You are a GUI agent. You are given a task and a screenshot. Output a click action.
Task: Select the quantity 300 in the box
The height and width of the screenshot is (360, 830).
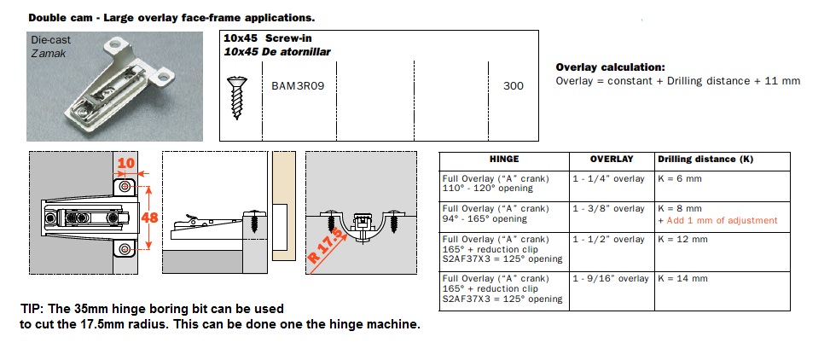(514, 85)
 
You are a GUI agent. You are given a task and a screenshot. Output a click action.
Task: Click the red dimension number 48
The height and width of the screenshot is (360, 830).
(149, 218)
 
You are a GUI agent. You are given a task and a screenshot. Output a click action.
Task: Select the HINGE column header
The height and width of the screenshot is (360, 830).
(504, 160)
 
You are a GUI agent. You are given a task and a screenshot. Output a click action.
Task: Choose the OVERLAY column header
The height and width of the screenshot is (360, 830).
(612, 160)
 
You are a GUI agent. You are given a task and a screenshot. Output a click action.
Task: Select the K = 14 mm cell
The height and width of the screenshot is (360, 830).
(682, 279)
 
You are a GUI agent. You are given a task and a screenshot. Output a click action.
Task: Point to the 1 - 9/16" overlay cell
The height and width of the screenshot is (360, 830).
(610, 279)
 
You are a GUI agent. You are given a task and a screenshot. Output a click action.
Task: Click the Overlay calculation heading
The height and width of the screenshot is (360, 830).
(610, 67)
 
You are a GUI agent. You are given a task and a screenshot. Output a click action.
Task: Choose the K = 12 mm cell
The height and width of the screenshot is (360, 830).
(682, 240)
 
